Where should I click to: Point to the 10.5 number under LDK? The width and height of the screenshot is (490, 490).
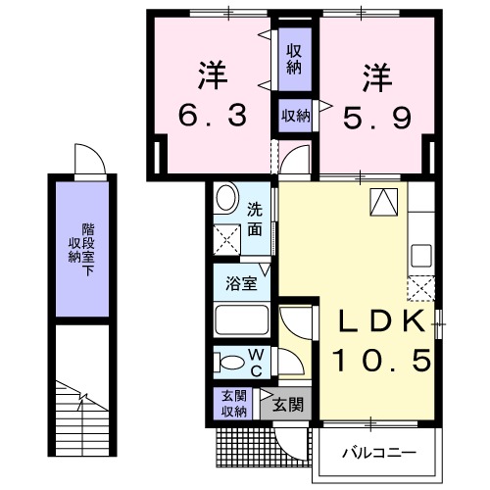tap(383, 361)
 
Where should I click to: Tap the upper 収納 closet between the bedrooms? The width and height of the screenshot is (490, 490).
tap(293, 59)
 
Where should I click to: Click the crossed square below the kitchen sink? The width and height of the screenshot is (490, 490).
tap(422, 288)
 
